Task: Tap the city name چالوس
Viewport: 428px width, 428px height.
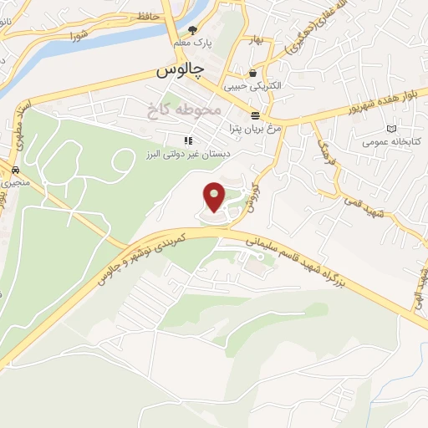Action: [179, 71]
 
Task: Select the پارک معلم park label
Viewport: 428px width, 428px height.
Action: [192, 42]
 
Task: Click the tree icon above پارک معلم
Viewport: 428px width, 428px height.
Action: [193, 29]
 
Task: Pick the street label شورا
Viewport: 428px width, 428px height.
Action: [79, 36]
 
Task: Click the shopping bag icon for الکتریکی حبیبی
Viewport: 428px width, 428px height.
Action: [252, 73]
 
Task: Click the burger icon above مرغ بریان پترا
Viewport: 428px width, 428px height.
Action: [254, 115]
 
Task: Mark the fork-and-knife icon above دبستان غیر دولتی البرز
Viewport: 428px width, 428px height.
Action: [188, 140]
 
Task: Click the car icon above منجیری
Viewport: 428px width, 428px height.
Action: [14, 168]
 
